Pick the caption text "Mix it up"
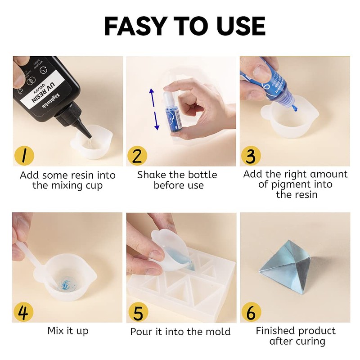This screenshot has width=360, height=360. [68, 331]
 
